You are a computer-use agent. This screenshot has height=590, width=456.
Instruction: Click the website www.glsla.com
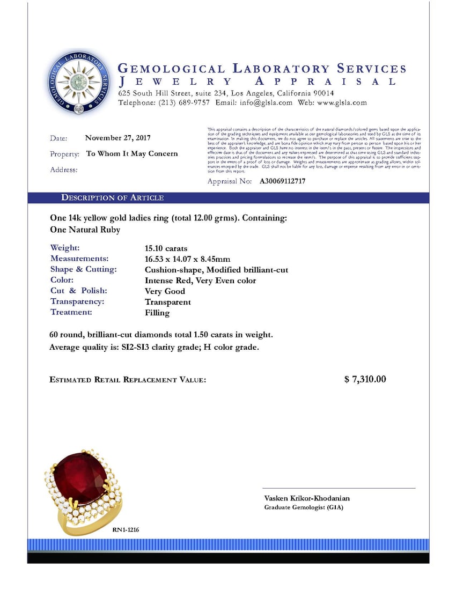[x=342, y=102]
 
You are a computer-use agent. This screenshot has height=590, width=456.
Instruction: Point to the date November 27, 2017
[x=117, y=138]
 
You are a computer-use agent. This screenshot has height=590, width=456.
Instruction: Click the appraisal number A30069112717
[x=282, y=181]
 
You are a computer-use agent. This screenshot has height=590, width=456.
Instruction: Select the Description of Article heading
[x=112, y=198]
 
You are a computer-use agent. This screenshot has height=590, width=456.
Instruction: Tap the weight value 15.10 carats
[x=166, y=248]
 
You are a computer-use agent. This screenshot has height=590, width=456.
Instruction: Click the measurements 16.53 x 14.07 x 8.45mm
[x=187, y=259]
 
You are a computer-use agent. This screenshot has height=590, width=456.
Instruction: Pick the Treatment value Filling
[x=157, y=313]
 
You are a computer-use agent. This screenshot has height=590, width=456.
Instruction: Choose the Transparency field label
[x=77, y=301]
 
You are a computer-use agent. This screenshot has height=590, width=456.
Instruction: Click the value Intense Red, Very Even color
[x=200, y=281]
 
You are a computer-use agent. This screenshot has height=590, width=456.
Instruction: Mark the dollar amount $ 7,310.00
[x=365, y=380]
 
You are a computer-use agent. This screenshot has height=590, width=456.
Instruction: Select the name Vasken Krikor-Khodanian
[x=307, y=498]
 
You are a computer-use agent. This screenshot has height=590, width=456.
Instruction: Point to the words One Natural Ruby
[x=85, y=230]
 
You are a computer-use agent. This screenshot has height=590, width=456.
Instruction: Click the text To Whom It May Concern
[x=132, y=154]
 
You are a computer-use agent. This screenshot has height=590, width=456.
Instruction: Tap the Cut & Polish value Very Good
[x=165, y=291]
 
